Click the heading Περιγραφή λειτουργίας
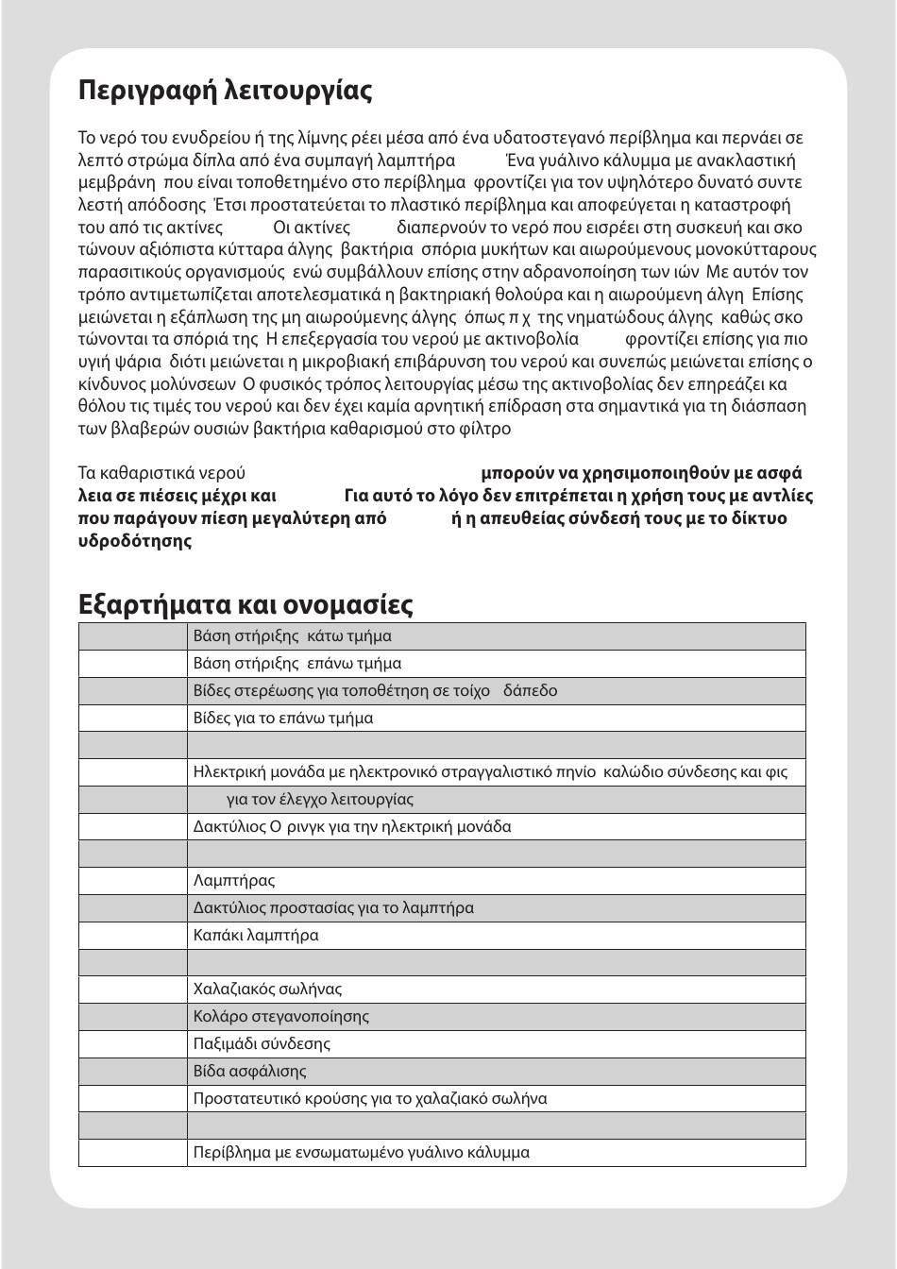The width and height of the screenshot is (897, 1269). [x=225, y=92]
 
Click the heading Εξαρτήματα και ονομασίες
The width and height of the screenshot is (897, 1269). [x=245, y=604]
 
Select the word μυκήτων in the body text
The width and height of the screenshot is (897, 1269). [x=510, y=250]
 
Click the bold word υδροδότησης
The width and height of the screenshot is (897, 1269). [x=135, y=541]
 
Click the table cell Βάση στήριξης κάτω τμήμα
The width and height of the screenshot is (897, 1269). [x=292, y=636]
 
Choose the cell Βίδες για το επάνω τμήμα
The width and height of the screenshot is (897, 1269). [x=282, y=719]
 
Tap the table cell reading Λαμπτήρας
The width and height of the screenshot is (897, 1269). [x=234, y=881]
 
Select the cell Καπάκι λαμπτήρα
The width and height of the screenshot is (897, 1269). [x=256, y=936]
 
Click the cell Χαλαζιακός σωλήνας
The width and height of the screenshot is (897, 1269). [x=267, y=990]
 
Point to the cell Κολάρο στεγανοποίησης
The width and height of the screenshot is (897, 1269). [x=280, y=1017]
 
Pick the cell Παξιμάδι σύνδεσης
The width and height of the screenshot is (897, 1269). [x=262, y=1044]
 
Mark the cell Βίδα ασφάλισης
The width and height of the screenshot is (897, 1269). [x=249, y=1072]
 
